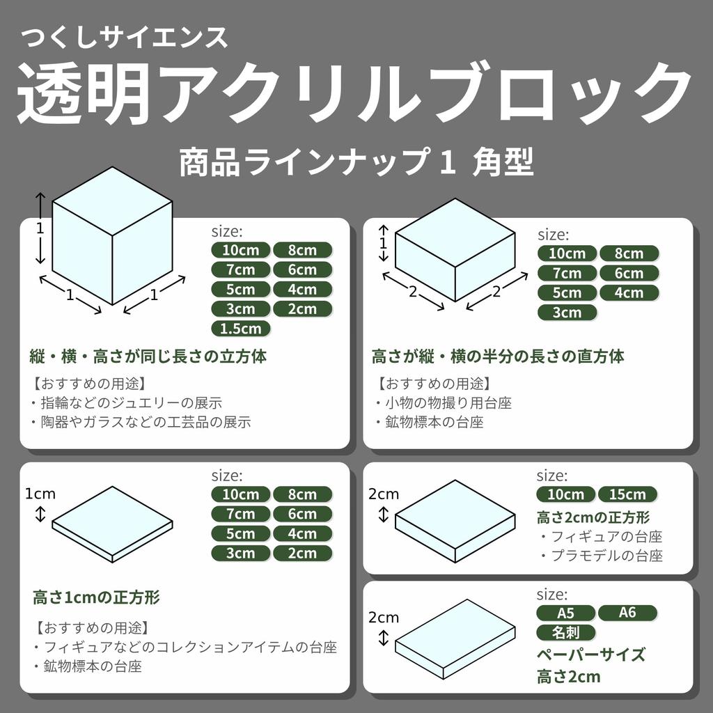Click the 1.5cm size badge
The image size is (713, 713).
(240, 328)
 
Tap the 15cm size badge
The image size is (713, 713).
(627, 494)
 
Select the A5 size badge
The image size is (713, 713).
(565, 613)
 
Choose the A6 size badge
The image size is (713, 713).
(627, 613)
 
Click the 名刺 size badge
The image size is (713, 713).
(565, 633)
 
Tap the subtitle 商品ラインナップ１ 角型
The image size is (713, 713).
(356, 163)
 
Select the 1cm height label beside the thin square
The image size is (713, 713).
(40, 494)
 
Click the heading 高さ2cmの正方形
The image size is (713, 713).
(593, 517)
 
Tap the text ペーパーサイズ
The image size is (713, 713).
(590, 655)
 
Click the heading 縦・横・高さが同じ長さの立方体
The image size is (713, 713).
(148, 356)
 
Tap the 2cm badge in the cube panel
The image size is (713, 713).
(301, 308)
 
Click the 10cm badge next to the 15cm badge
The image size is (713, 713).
(565, 494)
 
